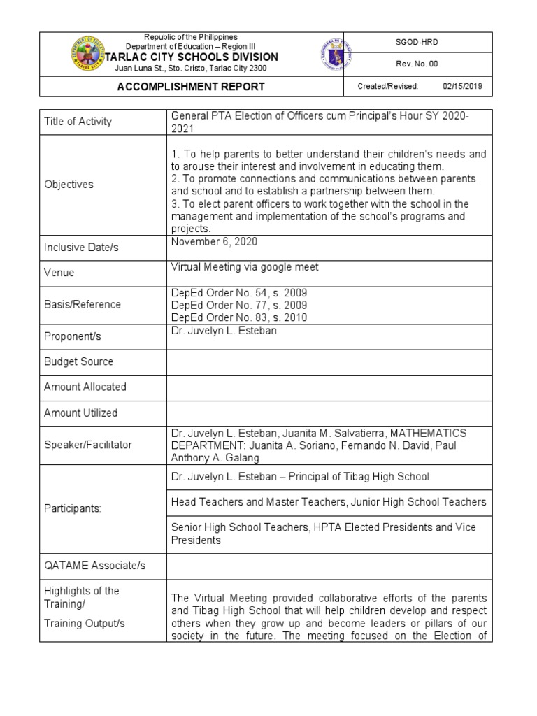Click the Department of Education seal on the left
(x=89, y=54)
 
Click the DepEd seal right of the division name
(x=336, y=54)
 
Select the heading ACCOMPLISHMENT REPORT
(x=191, y=87)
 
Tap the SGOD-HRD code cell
(x=417, y=43)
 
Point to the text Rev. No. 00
(x=417, y=64)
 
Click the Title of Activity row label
(x=78, y=122)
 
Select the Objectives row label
(x=69, y=185)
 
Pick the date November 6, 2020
(x=214, y=241)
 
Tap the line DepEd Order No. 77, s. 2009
(x=238, y=305)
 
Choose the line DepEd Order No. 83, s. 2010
(x=238, y=317)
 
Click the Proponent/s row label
(x=73, y=336)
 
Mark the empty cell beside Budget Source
(x=329, y=361)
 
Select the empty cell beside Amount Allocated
(x=329, y=387)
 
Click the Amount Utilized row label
(x=80, y=413)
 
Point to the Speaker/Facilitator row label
(x=87, y=445)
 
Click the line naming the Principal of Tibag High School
(x=300, y=477)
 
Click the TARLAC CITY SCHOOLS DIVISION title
(x=191, y=57)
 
